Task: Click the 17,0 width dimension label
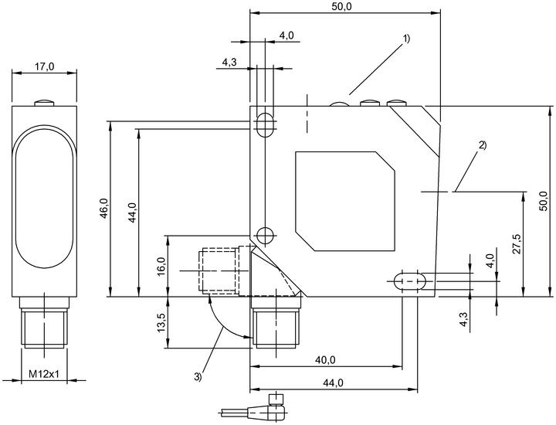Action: (x=44, y=66)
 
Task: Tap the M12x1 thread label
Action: (x=43, y=373)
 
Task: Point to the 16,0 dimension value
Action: (x=161, y=266)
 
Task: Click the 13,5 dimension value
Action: (x=161, y=322)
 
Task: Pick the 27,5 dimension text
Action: (x=517, y=243)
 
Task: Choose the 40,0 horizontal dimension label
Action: (x=325, y=360)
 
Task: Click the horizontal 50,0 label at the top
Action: (x=343, y=7)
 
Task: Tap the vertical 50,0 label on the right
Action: (x=544, y=201)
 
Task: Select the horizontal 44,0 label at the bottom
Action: (x=333, y=382)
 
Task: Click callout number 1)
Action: (x=406, y=38)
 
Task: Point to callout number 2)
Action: (x=482, y=145)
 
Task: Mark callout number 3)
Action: (x=198, y=376)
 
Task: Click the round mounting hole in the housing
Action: (x=264, y=234)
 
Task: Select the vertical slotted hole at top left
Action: (x=265, y=124)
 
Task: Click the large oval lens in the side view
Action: (x=44, y=196)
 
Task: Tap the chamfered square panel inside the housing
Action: (x=345, y=201)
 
